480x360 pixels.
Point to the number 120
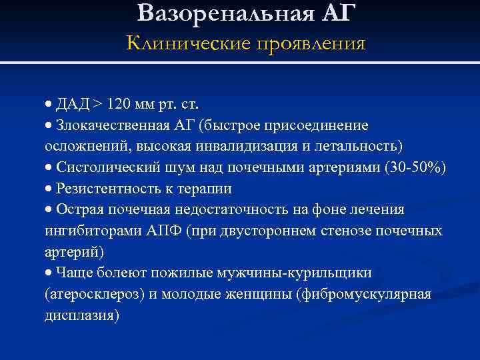(x=119, y=105)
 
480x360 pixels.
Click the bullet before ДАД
(x=49, y=105)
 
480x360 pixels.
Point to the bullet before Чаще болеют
(x=49, y=273)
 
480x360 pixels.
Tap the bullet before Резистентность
(x=49, y=189)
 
